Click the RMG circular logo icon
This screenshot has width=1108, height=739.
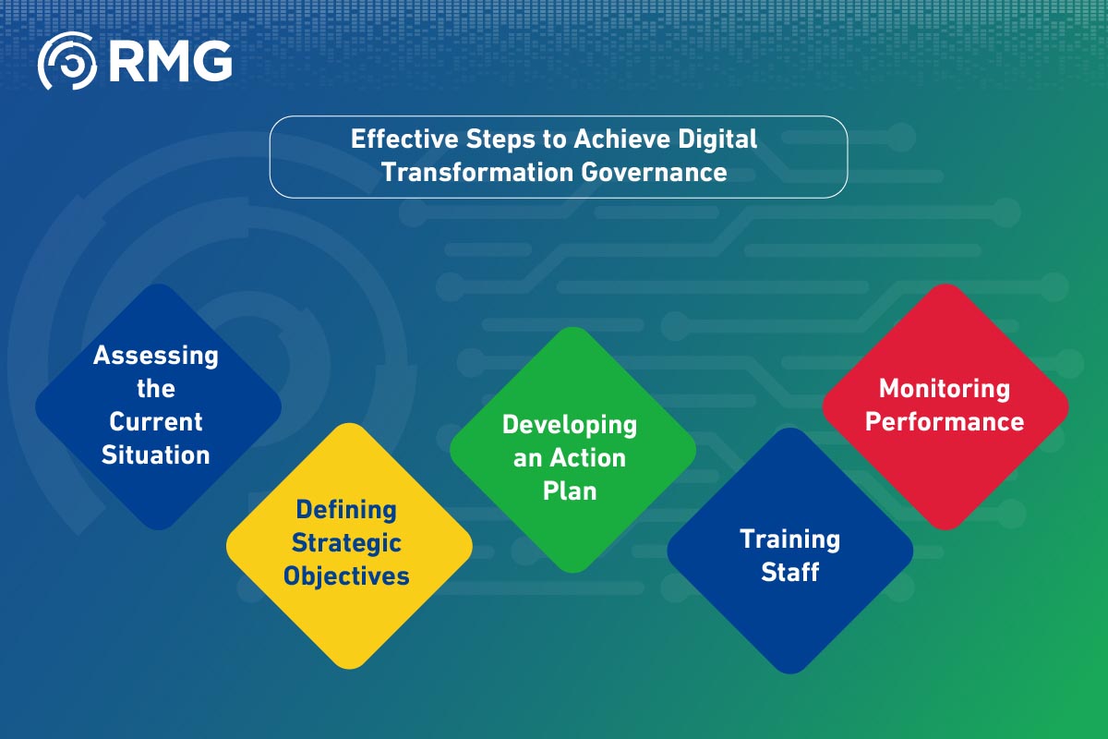66,61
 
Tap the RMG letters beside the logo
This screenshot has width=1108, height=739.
170,61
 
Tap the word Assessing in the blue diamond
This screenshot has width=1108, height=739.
156,356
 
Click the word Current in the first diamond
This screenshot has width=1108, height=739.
156,422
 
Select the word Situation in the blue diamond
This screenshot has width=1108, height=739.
156,454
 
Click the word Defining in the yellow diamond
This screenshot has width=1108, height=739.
345,510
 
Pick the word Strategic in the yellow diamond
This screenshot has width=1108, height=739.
345,543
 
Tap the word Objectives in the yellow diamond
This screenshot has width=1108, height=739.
345,576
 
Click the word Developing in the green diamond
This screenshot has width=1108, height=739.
570,425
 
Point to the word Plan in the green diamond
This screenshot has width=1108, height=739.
570,491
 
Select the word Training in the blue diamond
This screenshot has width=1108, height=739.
789,539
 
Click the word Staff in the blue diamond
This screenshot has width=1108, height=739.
789,573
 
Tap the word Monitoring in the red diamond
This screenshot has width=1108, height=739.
945,389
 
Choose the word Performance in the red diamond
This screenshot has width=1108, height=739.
945,422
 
